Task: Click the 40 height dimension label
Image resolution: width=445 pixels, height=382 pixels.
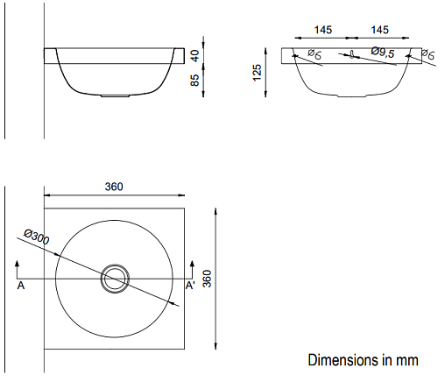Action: [x=195, y=56]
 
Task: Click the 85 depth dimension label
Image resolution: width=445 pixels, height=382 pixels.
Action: [x=195, y=80]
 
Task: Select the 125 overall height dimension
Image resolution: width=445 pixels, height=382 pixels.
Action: [x=257, y=73]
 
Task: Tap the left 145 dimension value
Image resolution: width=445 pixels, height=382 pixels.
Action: [x=323, y=30]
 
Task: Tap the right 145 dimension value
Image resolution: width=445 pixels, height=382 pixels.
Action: [x=379, y=30]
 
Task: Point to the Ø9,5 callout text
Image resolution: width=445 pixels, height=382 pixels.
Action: [x=383, y=52]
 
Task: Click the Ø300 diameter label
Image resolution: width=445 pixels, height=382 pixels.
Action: [x=37, y=237]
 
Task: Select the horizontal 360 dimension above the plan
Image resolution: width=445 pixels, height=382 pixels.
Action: [x=114, y=187]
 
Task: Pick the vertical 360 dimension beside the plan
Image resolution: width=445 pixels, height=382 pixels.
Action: [x=207, y=279]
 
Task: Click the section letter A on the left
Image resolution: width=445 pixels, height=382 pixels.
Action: [x=21, y=286]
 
